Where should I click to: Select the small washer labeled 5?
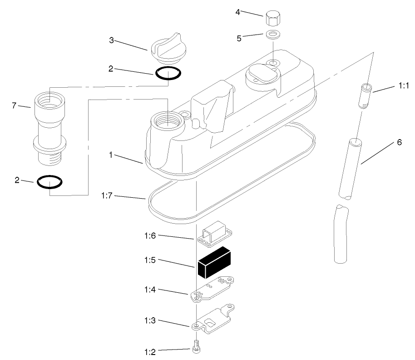pos(272,34)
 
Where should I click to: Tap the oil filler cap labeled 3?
pos(167,50)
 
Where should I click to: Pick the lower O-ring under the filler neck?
pos(49,182)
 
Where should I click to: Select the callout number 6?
pos(399,142)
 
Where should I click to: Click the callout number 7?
pos(14,105)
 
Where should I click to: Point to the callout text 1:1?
pos(403,85)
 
